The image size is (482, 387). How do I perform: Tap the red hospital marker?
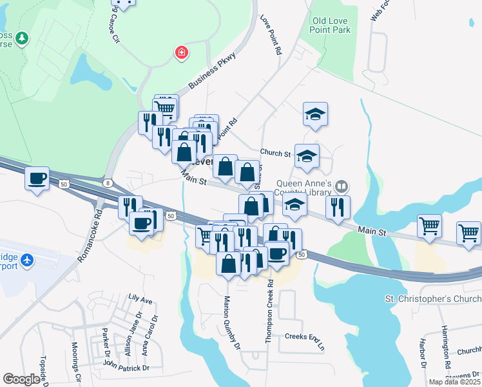[182, 52]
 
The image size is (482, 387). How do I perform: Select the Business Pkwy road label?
[213, 71]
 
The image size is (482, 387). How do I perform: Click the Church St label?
[275, 153]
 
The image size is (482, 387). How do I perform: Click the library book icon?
[341, 186]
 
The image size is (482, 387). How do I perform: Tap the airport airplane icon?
[27, 261]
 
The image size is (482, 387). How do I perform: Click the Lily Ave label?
[140, 299]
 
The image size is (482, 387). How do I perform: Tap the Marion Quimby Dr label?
[232, 323]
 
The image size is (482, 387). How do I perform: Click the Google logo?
[22, 379]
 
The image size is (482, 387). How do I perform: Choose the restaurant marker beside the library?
[337, 207]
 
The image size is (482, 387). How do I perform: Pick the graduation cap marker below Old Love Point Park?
[315, 115]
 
